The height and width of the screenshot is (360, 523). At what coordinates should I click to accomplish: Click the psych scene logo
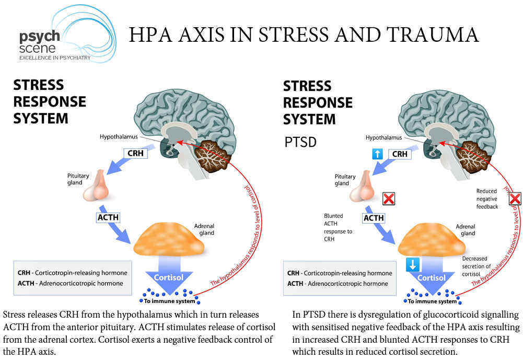pyautogui.click(x=67, y=35)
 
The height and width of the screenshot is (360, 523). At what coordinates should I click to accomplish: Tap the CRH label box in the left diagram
pyautogui.click(x=135, y=153)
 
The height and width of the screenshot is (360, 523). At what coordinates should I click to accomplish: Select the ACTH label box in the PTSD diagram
pyautogui.click(x=374, y=218)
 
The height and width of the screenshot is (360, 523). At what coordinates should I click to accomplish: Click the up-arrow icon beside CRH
pyautogui.click(x=377, y=154)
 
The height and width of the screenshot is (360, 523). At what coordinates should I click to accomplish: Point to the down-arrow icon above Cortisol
pyautogui.click(x=413, y=264)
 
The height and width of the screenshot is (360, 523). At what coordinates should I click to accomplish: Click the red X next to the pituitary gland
pyautogui.click(x=389, y=199)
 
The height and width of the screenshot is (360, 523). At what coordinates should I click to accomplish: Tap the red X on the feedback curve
pyautogui.click(x=515, y=199)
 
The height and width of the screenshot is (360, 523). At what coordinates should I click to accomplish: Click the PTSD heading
pyautogui.click(x=300, y=142)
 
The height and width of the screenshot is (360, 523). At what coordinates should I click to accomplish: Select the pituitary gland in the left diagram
pyautogui.click(x=96, y=186)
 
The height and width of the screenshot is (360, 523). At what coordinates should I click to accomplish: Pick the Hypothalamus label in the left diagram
pyautogui.click(x=119, y=136)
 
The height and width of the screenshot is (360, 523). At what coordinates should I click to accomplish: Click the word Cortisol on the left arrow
pyautogui.click(x=168, y=277)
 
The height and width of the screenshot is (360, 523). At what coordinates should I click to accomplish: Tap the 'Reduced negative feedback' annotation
pyautogui.click(x=487, y=199)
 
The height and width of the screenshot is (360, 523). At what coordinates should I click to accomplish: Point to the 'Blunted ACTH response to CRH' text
pyautogui.click(x=338, y=227)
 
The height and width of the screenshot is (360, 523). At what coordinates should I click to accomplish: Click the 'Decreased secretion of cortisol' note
pyautogui.click(x=476, y=266)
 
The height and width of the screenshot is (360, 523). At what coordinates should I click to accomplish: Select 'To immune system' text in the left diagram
pyautogui.click(x=169, y=301)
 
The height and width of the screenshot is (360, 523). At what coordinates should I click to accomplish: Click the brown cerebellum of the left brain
pyautogui.click(x=211, y=156)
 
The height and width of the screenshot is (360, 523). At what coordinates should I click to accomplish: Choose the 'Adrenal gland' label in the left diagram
pyautogui.click(x=204, y=229)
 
